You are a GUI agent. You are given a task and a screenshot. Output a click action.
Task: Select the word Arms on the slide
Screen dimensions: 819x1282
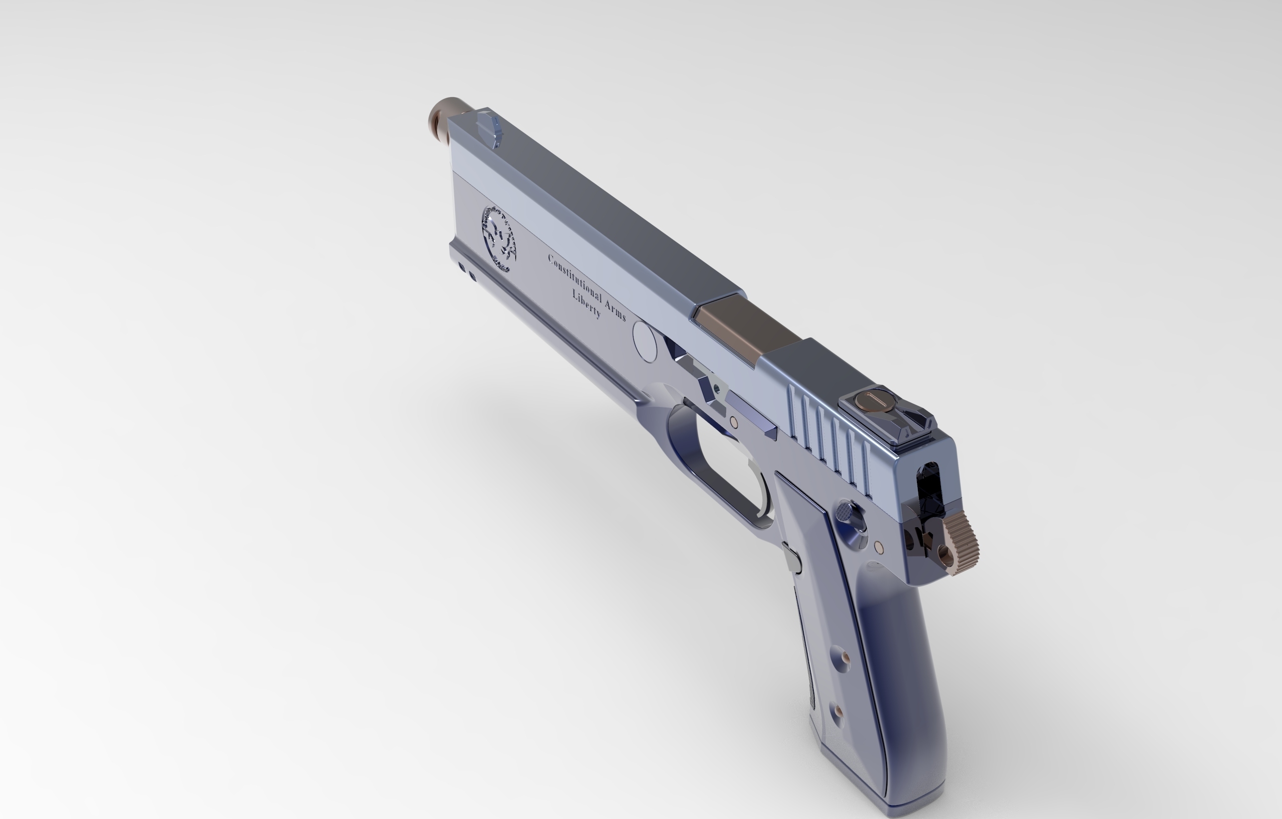(x=615, y=309)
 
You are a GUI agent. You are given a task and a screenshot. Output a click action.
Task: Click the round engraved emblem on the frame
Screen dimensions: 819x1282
(x=500, y=238)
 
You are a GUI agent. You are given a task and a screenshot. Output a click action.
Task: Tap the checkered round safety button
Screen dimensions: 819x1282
(x=845, y=513)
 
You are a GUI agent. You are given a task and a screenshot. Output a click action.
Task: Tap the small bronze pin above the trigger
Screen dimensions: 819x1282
(x=734, y=422)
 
